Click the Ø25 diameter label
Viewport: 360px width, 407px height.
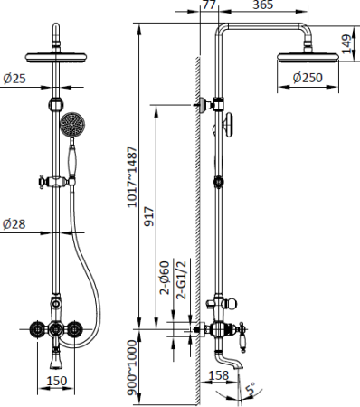pos(14,79)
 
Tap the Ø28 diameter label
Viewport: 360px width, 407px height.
pos(14,224)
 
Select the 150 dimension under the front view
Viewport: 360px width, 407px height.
pos(56,381)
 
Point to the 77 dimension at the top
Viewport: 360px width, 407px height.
pos(209,5)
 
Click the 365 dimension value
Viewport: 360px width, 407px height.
pos(263,5)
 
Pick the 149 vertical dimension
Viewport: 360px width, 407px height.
pos(346,44)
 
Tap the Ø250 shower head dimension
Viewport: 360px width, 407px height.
pos(308,78)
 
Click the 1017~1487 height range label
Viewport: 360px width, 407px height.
pos(131,177)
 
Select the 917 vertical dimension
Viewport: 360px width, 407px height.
pos(148,216)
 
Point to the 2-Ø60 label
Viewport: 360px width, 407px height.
pos(165,278)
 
